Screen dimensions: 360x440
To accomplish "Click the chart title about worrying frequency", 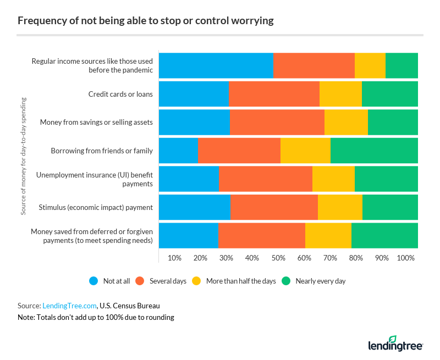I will (x=146, y=21).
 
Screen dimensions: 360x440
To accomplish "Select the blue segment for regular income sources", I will (x=216, y=65).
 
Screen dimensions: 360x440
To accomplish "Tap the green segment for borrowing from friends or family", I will (x=374, y=151).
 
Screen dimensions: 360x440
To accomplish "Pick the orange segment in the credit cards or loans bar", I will (x=274, y=94).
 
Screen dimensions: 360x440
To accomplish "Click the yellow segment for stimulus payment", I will (x=340, y=207).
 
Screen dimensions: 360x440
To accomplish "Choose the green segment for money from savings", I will (x=393, y=122).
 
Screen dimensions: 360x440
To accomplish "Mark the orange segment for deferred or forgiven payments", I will (x=262, y=236).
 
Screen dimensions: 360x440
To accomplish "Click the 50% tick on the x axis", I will (x=278, y=258).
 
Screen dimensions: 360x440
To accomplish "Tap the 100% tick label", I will (x=406, y=258).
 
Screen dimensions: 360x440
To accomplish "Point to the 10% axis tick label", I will (x=174, y=258).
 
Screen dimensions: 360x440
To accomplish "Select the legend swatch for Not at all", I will (x=94, y=281).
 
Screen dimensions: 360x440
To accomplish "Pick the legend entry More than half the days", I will (x=241, y=281).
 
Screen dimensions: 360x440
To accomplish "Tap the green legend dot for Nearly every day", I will (x=286, y=281).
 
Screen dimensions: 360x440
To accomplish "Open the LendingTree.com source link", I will (x=70, y=306).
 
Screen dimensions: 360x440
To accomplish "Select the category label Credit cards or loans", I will (x=120, y=94).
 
